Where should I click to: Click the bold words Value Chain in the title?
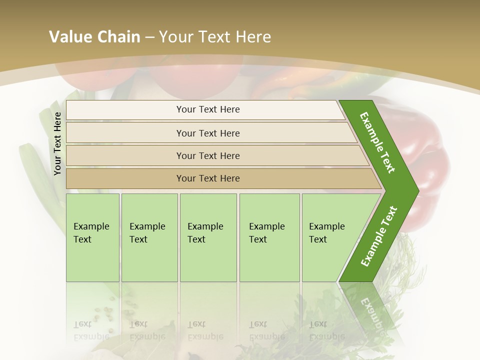tap(94, 37)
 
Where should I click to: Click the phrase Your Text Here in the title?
tap(215, 37)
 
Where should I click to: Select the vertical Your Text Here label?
tap(57, 143)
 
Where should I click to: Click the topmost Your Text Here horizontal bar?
tap(208, 109)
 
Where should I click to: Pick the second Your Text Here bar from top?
tap(208, 133)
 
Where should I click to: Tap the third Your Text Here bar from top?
tap(208, 155)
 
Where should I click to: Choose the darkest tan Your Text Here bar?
tap(208, 178)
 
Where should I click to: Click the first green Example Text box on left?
tap(92, 237)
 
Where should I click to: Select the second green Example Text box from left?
tap(149, 237)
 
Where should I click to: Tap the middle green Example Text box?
tap(208, 237)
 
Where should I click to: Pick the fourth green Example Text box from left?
tap(269, 237)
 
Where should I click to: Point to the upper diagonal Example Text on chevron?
tap(377, 142)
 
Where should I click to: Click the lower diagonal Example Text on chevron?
tap(379, 236)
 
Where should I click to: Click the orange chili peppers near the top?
tap(300, 85)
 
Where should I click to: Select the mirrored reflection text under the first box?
tap(91, 330)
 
